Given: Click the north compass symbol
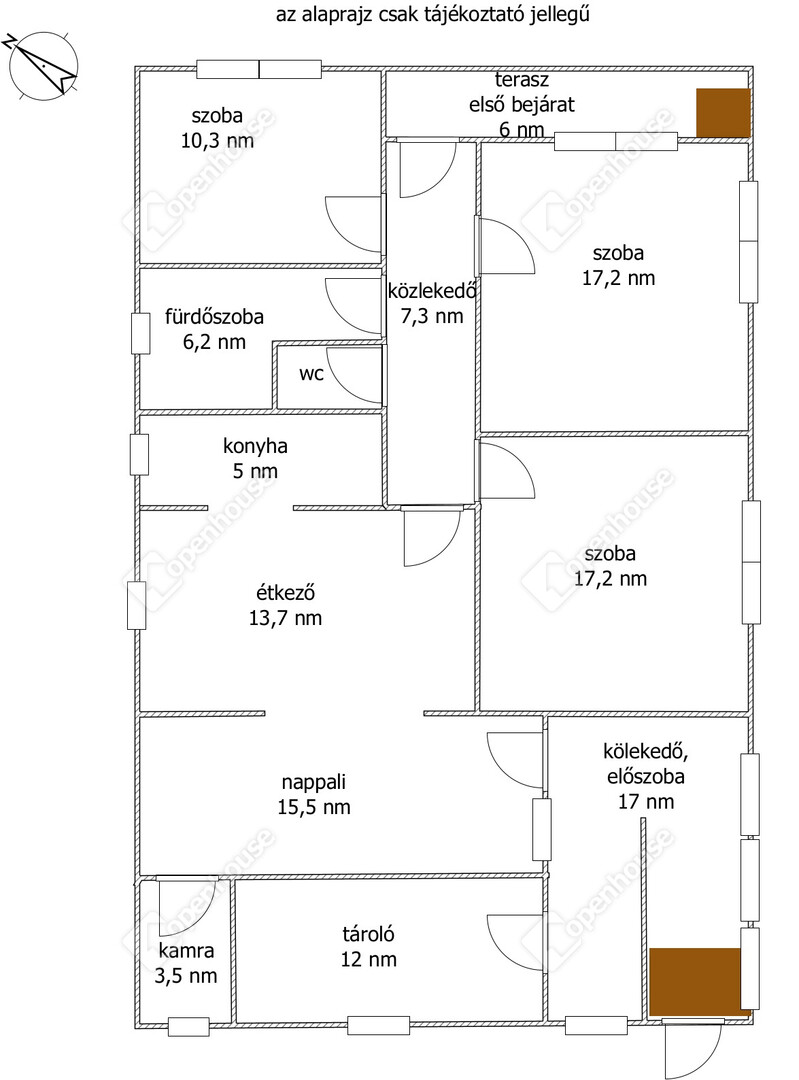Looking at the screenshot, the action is [43, 65].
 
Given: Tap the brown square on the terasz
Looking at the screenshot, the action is [723, 112].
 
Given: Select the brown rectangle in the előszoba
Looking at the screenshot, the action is [695, 982].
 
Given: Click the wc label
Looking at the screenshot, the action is [311, 375].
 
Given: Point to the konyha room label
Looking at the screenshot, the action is [255, 446].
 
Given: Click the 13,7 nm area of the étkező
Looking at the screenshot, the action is [285, 618].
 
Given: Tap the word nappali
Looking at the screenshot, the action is [313, 782].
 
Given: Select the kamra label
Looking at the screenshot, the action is [186, 951].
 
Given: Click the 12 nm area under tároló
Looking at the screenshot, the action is [369, 959].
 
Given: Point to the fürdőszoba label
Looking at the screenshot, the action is [214, 317].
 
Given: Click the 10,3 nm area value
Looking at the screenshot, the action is [217, 141].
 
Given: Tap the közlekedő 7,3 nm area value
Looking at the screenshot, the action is [432, 316].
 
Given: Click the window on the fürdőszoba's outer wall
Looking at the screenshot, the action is [141, 334].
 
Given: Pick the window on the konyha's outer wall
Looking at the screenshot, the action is [140, 455].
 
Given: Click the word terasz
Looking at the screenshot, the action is [521, 80].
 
